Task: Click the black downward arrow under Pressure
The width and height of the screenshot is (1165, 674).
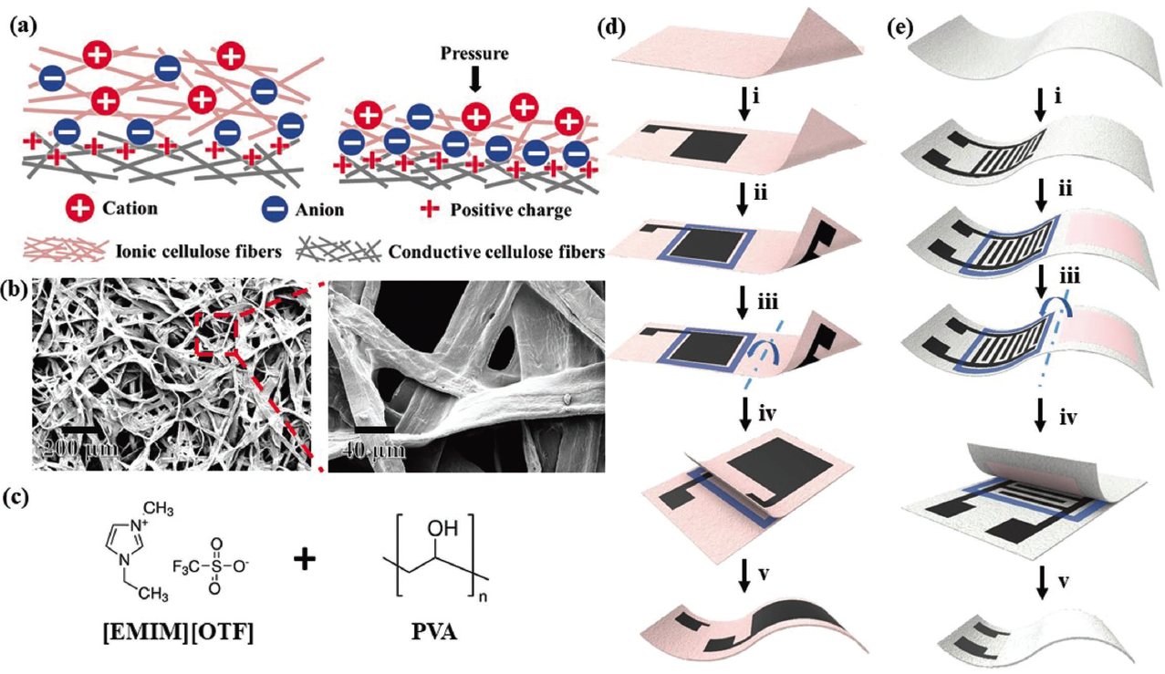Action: click(x=473, y=80)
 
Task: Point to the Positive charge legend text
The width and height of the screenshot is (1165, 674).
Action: click(x=511, y=210)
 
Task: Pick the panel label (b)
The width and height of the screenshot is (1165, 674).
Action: click(x=23, y=294)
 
